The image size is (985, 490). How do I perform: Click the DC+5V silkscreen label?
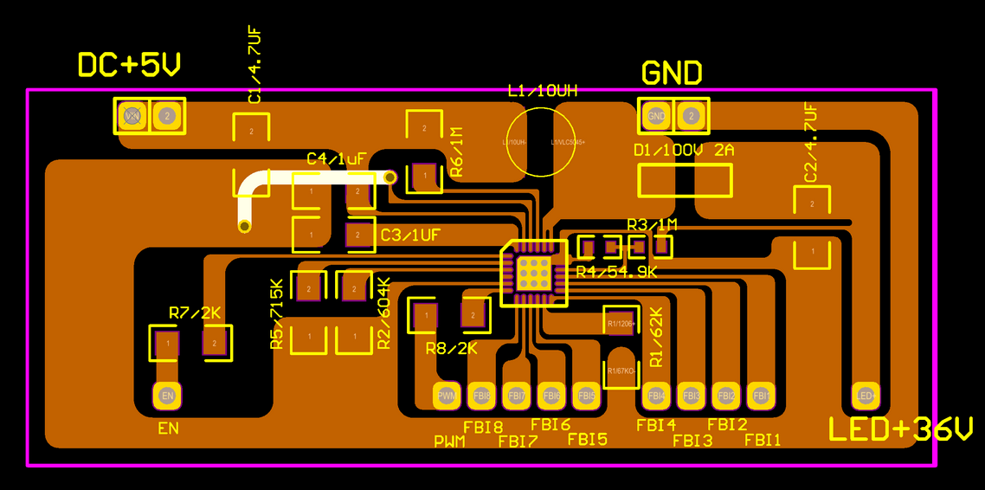coord(130,65)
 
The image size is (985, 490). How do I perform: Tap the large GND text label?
coord(672,73)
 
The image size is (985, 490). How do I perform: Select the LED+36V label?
coord(901,429)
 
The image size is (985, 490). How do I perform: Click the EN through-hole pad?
coord(168,397)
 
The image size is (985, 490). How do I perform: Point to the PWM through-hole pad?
coord(447,396)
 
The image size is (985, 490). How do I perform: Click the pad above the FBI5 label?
coord(586,396)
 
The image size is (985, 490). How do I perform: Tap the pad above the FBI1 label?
coord(761,396)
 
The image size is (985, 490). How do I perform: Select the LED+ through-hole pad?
coord(866,396)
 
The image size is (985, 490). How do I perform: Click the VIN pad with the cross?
coord(132,115)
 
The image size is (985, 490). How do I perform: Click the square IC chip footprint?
coord(534,272)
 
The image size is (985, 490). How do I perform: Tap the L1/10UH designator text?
coord(543,90)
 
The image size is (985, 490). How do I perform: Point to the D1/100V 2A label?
coord(684,151)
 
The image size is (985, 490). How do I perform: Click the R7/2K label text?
coord(195,313)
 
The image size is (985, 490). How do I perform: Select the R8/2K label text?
coord(452,349)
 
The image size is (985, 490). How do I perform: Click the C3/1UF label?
coord(410,235)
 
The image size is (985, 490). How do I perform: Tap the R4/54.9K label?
coord(616,272)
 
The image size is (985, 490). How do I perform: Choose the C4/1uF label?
coord(337,159)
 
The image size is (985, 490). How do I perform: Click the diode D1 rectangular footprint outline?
coord(685,180)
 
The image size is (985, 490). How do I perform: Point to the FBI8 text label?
coord(483,426)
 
